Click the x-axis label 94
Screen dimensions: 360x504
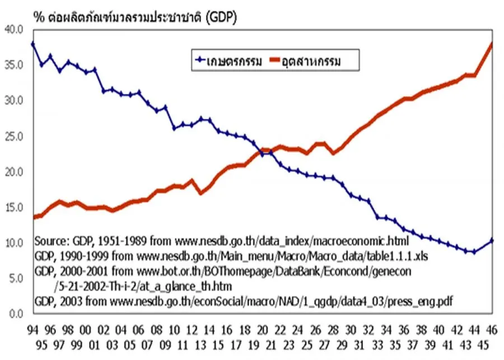point(34,330)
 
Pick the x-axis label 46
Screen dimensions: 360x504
point(492,330)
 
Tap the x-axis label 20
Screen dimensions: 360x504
point(263,330)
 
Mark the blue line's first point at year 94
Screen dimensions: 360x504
point(34,44)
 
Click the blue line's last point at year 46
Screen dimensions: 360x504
point(492,240)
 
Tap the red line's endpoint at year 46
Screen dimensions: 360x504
point(492,44)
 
